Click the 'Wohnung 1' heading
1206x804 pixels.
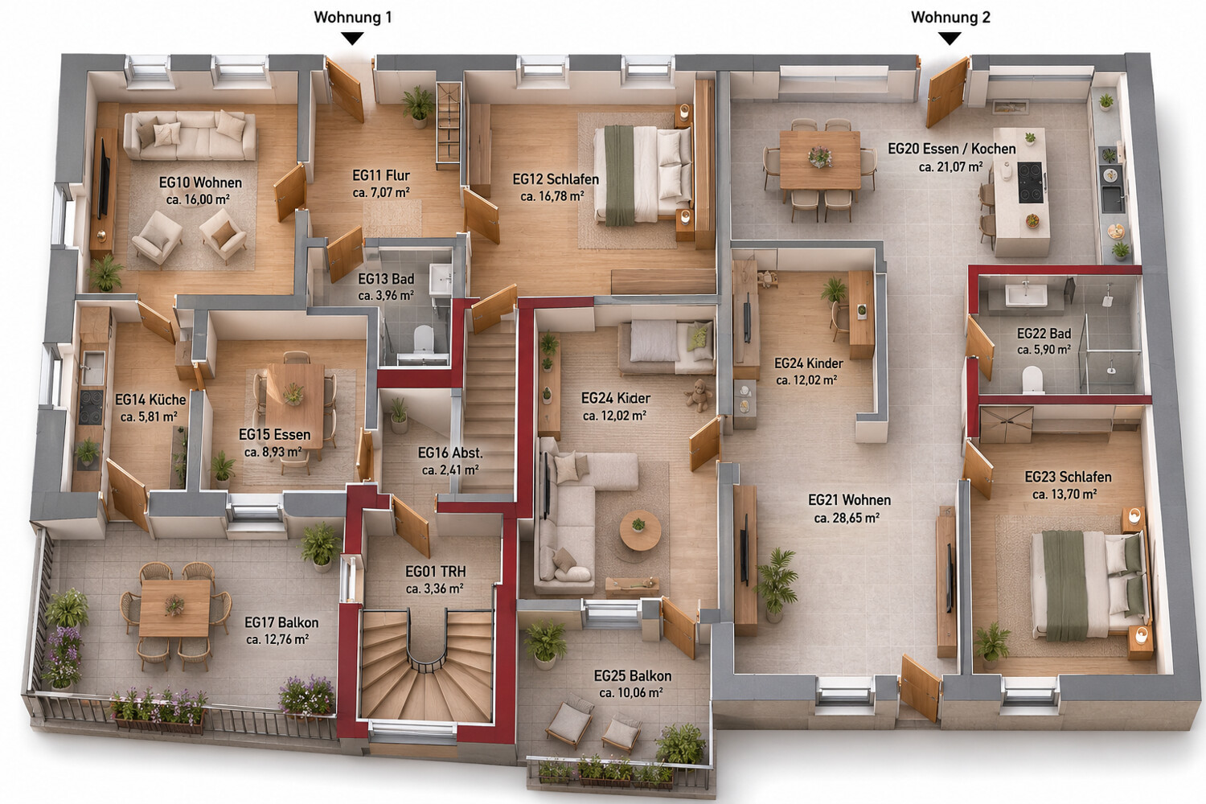pyautogui.click(x=353, y=17)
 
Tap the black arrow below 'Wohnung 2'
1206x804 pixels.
pyautogui.click(x=950, y=39)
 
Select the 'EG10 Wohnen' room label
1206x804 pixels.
pyautogui.click(x=200, y=183)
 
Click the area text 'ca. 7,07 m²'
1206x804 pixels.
pyautogui.click(x=381, y=192)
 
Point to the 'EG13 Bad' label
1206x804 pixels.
pyautogui.click(x=386, y=279)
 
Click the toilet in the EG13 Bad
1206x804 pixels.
pyautogui.click(x=423, y=339)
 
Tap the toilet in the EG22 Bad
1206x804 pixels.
pyautogui.click(x=1032, y=379)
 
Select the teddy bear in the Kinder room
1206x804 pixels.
pyautogui.click(x=699, y=395)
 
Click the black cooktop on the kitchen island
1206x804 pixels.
pyautogui.click(x=1031, y=183)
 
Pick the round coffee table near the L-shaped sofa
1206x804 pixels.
pyautogui.click(x=640, y=530)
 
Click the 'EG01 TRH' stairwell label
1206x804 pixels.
pyautogui.click(x=436, y=572)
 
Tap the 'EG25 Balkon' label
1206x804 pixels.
pyautogui.click(x=633, y=676)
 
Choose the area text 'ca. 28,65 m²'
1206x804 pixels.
pyautogui.click(x=847, y=518)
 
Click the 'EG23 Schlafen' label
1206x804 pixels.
pyautogui.click(x=1069, y=477)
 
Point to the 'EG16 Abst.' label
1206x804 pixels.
pyautogui.click(x=450, y=453)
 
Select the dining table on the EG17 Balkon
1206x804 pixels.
pyautogui.click(x=175, y=608)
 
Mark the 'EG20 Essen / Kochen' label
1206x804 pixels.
pyautogui.click(x=952, y=149)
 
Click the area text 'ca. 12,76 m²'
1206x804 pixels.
pyautogui.click(x=277, y=639)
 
